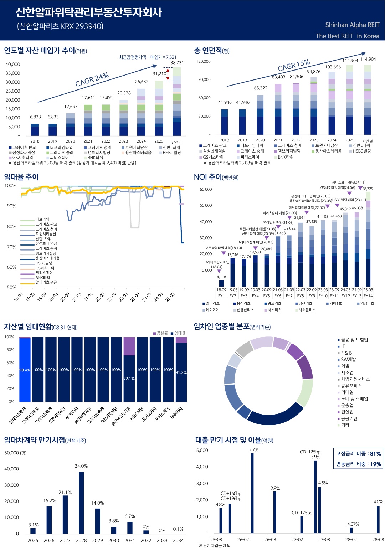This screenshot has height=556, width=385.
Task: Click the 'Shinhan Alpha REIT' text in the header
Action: pyautogui.click(x=352, y=25)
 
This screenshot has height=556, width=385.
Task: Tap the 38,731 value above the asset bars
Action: pyautogui.click(x=177, y=63)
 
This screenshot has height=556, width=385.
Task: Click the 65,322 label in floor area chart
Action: pyautogui.click(x=261, y=88)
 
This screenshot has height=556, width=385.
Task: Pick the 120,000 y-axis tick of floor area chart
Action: pyautogui.click(x=203, y=61)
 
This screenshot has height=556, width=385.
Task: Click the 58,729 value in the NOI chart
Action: pyautogui.click(x=368, y=189)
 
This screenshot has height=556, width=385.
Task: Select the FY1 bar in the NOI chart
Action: pyautogui.click(x=221, y=283)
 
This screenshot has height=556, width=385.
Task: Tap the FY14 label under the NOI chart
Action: pyautogui.click(x=368, y=296)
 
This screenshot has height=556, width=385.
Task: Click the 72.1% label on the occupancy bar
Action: pyautogui.click(x=129, y=379)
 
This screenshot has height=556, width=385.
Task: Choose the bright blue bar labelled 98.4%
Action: pyautogui.click(x=25, y=370)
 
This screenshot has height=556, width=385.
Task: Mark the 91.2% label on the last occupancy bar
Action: pyautogui.click(x=181, y=372)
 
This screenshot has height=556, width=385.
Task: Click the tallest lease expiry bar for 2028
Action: pyautogui.click(x=81, y=503)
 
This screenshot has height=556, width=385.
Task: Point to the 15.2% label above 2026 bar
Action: pyautogui.click(x=50, y=500)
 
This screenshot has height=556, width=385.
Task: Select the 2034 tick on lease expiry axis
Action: pyautogui.click(x=178, y=540)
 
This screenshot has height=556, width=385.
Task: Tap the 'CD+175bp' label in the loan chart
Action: pyautogui.click(x=302, y=513)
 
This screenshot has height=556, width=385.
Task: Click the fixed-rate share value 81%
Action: pyautogui.click(x=375, y=454)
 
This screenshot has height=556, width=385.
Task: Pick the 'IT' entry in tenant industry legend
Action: pyautogui.click(x=343, y=346)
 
